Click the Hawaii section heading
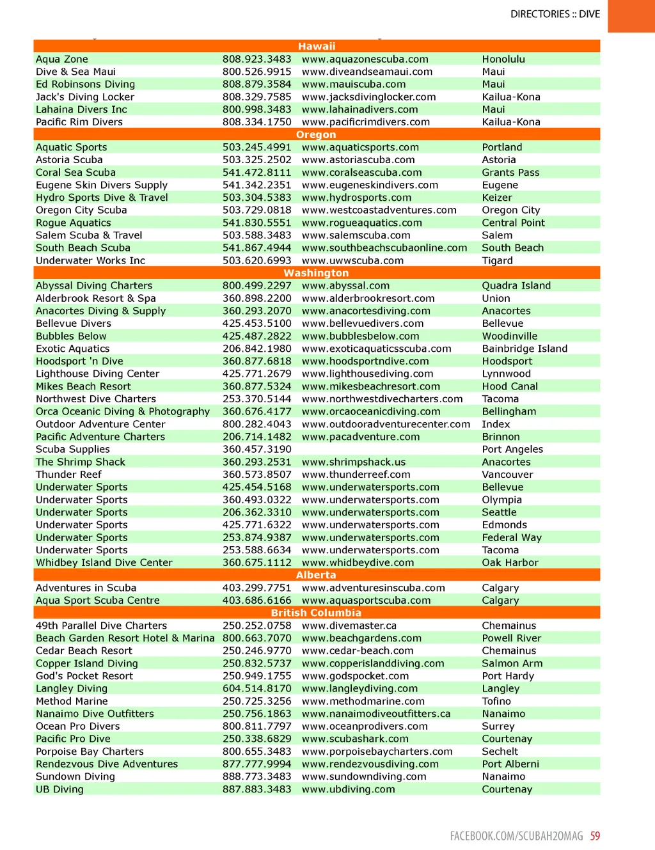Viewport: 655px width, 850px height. tap(317, 46)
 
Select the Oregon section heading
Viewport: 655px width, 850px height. tap(316, 134)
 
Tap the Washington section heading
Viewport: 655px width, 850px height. tap(316, 273)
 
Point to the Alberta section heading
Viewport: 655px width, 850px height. tap(316, 575)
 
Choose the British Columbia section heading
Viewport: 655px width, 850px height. tap(316, 613)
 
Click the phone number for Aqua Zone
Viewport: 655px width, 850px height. tap(256, 59)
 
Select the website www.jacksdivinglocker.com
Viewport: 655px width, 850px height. tap(368, 97)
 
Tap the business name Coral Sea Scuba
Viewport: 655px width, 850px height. tap(75, 172)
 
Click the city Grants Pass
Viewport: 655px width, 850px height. tap(510, 172)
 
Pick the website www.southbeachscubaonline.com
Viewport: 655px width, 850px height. tap(384, 248)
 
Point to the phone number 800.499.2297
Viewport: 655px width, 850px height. tap(256, 285)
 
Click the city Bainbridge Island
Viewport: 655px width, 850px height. tap(525, 349)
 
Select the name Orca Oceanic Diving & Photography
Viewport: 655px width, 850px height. tap(123, 411)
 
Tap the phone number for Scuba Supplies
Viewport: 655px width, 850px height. tap(256, 449)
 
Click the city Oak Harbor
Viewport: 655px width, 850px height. tap(510, 562)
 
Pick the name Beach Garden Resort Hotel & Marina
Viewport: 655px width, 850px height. tap(125, 638)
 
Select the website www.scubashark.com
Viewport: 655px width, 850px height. tap(355, 739)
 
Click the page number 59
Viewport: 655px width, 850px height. tap(595, 836)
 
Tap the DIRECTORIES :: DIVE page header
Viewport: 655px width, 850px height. tap(555, 14)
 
